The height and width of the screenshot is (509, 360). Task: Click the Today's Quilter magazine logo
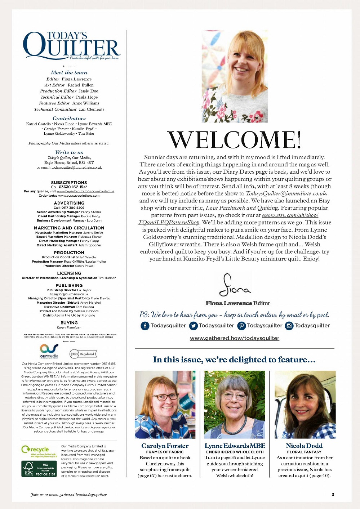pos(71,46)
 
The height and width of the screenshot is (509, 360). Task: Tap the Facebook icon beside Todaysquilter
pos(145,326)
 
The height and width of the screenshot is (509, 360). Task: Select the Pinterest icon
pos(241,326)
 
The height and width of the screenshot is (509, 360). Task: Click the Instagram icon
pos(289,326)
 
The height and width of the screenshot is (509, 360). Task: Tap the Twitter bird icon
pos(194,326)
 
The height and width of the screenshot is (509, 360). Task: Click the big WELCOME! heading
pos(234,140)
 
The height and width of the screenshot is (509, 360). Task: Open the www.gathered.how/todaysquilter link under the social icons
pos(235,338)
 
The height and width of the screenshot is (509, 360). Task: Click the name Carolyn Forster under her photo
pos(165,446)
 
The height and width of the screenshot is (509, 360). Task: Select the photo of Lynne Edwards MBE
pos(235,405)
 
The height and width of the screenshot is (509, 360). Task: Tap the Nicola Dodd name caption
pos(304,446)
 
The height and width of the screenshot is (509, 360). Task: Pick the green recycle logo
pos(35,450)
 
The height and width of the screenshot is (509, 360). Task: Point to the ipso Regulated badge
pos(83,354)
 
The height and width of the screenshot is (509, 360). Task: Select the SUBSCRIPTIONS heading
pos(69,183)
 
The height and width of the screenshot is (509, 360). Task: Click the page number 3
pos(333,494)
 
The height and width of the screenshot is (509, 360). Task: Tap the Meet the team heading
pos(69,72)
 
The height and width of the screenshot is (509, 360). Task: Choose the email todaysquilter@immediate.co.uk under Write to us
pos(76,168)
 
